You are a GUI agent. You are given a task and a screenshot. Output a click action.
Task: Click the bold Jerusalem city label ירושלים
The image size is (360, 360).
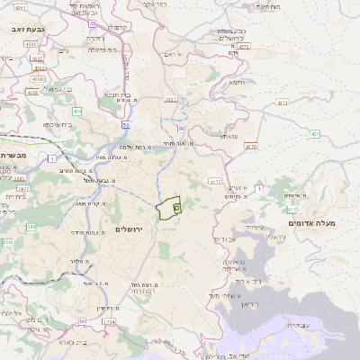point(136,229)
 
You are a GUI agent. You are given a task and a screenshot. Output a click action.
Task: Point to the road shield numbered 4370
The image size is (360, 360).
point(251,146)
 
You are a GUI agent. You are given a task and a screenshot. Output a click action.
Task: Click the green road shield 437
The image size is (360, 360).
point(316,134)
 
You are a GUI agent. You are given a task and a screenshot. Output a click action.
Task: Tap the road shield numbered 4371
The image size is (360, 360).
point(283,103)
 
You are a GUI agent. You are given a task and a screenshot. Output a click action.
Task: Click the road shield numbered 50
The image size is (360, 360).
point(126,124)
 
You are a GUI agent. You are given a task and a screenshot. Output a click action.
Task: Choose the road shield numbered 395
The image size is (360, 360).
point(8,242)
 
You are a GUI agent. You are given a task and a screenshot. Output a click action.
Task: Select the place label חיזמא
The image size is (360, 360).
point(237,82)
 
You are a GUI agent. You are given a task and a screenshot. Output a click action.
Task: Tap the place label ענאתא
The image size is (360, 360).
point(228,136)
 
